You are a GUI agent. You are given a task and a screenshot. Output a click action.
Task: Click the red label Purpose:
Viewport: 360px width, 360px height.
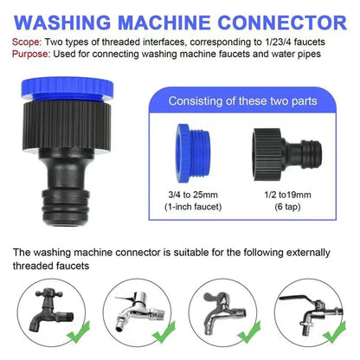click(x=32, y=54)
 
